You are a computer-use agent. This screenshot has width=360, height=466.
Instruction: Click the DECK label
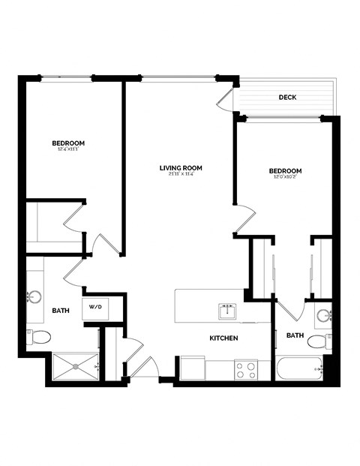[x=286, y=97]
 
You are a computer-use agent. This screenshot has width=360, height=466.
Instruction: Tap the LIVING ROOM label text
[x=181, y=168]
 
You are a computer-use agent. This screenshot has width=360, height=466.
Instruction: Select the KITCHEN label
[x=223, y=338]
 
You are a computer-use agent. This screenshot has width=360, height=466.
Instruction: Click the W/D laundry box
[x=96, y=308]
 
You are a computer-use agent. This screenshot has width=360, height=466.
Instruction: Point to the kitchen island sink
[x=226, y=311]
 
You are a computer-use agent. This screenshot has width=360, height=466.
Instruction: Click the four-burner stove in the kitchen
[x=245, y=368]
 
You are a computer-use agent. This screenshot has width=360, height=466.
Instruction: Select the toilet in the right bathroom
[x=319, y=342]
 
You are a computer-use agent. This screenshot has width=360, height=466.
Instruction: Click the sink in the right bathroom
[x=323, y=315]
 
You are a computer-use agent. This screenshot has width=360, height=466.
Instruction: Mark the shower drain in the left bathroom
[x=75, y=366]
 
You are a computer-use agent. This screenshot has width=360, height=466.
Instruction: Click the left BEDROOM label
[x=67, y=143]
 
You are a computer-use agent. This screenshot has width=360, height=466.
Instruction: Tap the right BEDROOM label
[x=285, y=171]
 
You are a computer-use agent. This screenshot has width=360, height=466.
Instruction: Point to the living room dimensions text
[x=181, y=176]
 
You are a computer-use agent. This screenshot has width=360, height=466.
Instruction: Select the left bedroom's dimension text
[x=67, y=150]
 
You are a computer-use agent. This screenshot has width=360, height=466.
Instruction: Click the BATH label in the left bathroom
[x=61, y=310]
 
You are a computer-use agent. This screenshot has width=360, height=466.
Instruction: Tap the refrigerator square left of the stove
[x=191, y=368]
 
